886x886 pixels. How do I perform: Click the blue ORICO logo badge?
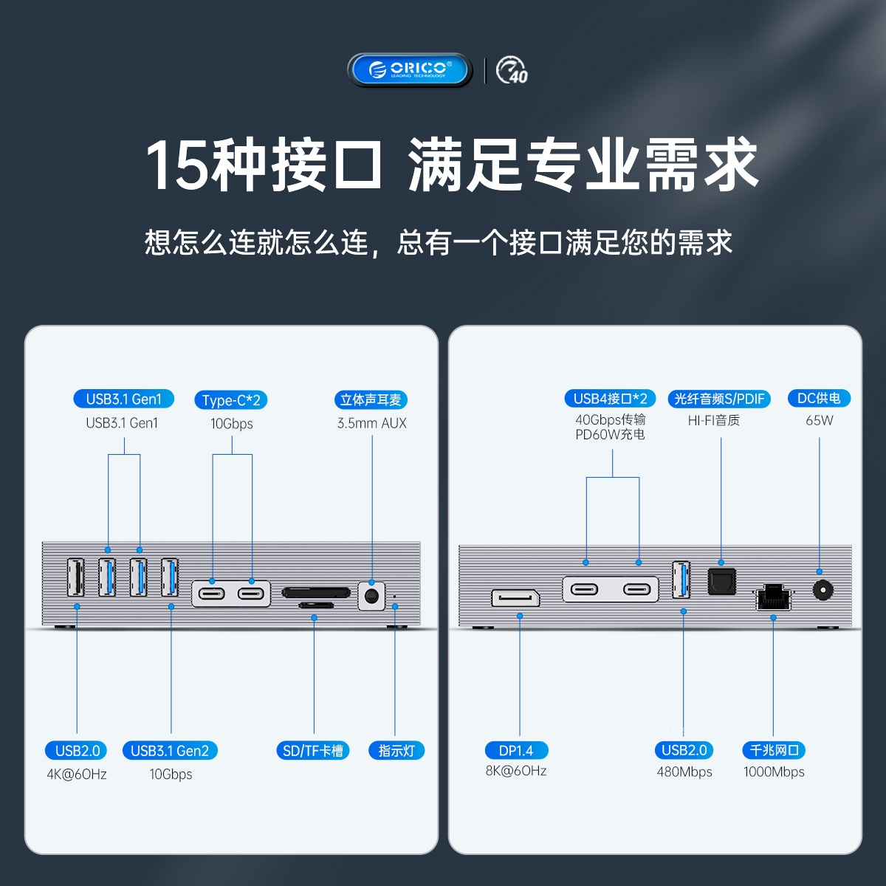409,70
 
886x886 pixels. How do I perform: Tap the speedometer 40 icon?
512,70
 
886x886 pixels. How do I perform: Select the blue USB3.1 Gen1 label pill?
124,399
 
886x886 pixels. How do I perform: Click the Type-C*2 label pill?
231,399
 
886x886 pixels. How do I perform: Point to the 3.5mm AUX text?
372,423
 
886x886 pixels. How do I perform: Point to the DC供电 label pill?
819,398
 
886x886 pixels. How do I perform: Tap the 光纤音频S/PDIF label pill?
719,399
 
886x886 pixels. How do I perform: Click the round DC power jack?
823,590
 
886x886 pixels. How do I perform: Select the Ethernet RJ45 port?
774,597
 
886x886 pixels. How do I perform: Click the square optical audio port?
721,582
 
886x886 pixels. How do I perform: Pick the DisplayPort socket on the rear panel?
515,598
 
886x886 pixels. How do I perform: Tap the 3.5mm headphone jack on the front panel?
371,597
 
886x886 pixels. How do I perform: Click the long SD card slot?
315,592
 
